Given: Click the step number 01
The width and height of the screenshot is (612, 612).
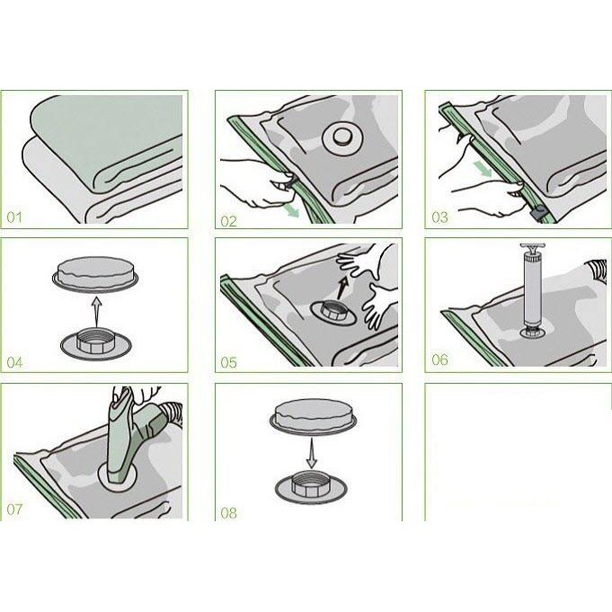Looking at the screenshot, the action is pyautogui.click(x=14, y=217).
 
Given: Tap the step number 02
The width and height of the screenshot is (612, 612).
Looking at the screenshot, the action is pyautogui.click(x=229, y=221).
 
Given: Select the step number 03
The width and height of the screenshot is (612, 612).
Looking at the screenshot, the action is pyautogui.click(x=439, y=217).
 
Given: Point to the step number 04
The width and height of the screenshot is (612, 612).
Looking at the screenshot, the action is pyautogui.click(x=15, y=362).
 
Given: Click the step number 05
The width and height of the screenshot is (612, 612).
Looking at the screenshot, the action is pyautogui.click(x=229, y=362).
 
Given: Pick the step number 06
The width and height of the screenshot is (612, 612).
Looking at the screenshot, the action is pyautogui.click(x=439, y=359).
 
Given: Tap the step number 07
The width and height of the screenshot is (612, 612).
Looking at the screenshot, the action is pyautogui.click(x=14, y=509).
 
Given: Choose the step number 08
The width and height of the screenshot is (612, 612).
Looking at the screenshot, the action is pyautogui.click(x=229, y=512).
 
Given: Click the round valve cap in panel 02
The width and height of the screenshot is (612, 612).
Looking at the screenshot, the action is pyautogui.click(x=343, y=137).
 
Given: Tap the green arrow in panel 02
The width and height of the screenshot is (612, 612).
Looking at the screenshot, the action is pyautogui.click(x=291, y=211).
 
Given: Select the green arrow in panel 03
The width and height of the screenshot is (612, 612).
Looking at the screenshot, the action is pyautogui.click(x=483, y=169).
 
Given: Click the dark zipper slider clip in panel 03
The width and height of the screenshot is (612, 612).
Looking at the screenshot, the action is pyautogui.click(x=538, y=214).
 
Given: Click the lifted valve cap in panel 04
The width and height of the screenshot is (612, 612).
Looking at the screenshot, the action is pyautogui.click(x=95, y=273).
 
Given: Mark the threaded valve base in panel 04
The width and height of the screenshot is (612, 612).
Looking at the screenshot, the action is pyautogui.click(x=95, y=341).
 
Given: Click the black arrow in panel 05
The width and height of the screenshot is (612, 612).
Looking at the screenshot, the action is pyautogui.click(x=342, y=288).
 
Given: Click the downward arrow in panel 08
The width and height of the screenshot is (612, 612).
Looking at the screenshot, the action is pyautogui.click(x=311, y=453).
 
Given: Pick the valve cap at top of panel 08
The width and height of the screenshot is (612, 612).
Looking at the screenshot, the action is pyautogui.click(x=313, y=416).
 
